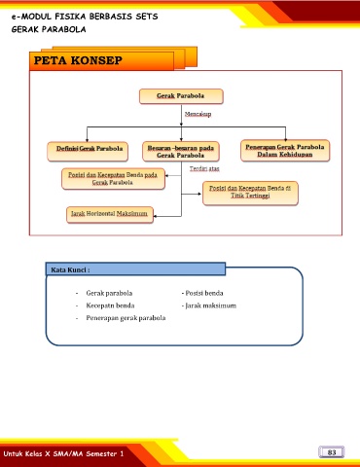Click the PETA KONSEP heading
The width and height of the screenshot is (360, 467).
click(78, 60)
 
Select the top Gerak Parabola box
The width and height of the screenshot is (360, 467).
click(181, 96)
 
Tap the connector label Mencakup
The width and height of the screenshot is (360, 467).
click(198, 114)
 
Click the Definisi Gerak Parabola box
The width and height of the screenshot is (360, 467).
click(88, 151)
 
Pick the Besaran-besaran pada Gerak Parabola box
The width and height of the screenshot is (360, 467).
click(181, 152)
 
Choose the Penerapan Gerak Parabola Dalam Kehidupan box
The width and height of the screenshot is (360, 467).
click(285, 151)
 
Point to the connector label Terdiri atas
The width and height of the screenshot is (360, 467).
click(204, 168)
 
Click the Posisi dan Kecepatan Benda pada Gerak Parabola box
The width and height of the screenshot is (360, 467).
click(113, 179)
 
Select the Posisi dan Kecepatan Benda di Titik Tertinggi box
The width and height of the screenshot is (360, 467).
click(250, 193)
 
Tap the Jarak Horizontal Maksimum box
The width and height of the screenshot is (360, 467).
click(110, 215)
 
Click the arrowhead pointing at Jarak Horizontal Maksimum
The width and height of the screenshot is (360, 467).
click(156, 216)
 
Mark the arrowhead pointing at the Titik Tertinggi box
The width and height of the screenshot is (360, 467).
click(199, 194)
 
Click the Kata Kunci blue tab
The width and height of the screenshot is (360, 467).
click(135, 269)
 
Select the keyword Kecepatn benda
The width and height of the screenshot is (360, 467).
click(110, 305)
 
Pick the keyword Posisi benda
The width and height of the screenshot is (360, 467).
click(204, 293)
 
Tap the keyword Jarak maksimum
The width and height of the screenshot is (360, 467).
click(210, 305)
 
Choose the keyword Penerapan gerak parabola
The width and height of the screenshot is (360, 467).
click(126, 318)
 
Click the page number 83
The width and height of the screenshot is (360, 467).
click(332, 452)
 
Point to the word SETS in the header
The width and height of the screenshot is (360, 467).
click(147, 17)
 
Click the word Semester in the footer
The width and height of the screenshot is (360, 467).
click(100, 453)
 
